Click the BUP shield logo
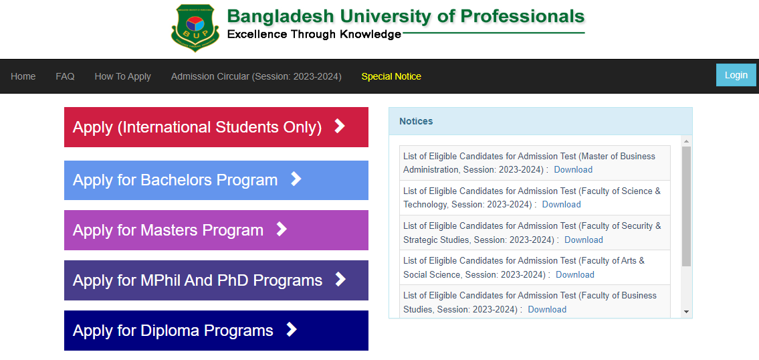coord(195,27)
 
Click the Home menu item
coord(23,76)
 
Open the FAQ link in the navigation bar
coord(65,76)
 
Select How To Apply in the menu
coord(123,76)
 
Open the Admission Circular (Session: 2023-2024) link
coord(256,76)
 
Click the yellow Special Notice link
coord(391,76)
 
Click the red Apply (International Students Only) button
coord(217,127)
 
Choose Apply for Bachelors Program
coord(217,180)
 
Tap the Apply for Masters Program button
coord(217,230)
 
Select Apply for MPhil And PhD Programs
coord(217,280)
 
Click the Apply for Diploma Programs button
coord(217,331)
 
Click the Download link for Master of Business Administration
coord(573,169)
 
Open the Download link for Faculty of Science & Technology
coord(562,205)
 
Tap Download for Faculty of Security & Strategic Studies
coord(584,240)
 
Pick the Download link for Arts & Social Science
coord(575,275)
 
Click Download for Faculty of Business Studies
coord(547,310)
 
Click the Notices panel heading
coord(417,121)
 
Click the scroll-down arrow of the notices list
coord(686,312)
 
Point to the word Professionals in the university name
coord(522,16)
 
